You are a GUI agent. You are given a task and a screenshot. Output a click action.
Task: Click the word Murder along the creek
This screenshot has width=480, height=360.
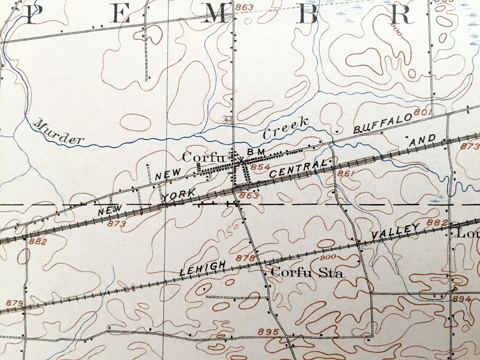point(59,132)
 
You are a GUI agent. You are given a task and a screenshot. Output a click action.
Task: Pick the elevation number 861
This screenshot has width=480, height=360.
point(344,173)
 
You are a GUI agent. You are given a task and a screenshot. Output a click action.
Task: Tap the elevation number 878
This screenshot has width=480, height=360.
point(246,258)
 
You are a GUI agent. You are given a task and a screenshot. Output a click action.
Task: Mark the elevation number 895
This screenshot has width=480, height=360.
point(269,332)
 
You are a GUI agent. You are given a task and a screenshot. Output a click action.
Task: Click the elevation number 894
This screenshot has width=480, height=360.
point(461,298)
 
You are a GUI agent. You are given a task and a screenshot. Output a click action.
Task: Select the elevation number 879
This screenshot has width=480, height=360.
point(14,303)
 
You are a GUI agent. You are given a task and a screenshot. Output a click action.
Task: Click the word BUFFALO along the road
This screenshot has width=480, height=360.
point(382,123)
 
